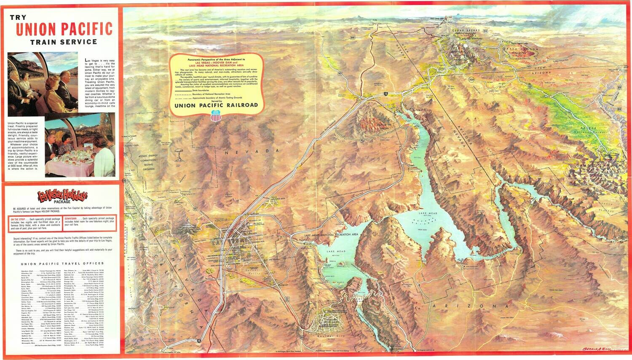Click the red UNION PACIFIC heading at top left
64,29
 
